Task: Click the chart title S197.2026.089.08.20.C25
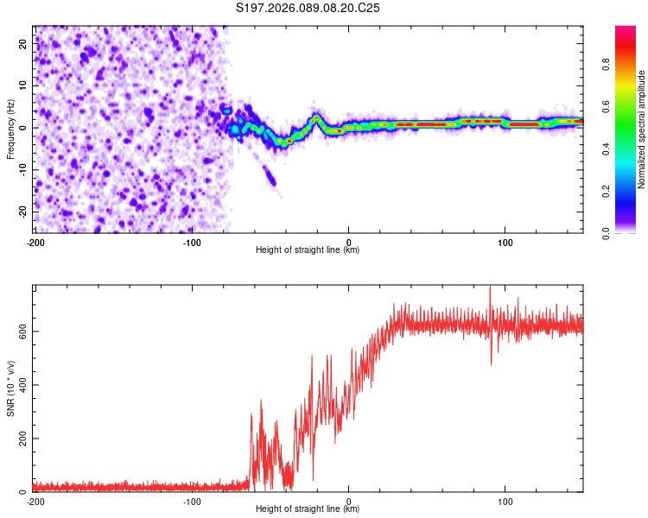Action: [x=308, y=8]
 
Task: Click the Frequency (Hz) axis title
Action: [x=10, y=127]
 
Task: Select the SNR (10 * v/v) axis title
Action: [x=10, y=388]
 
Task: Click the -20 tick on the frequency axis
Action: [x=23, y=212]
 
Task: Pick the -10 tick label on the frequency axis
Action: [x=23, y=169]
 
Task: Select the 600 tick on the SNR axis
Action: [x=22, y=331]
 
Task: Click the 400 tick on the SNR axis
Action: [x=22, y=385]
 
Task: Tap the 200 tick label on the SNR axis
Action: [x=22, y=439]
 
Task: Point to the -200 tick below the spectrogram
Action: [x=35, y=242]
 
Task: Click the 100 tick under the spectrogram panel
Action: [x=505, y=242]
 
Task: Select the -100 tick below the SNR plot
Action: [x=192, y=501]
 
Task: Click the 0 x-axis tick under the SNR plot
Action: [x=349, y=501]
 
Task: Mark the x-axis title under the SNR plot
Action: [x=308, y=509]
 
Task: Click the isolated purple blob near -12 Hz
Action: [x=270, y=177]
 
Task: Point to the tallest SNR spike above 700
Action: [x=490, y=288]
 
